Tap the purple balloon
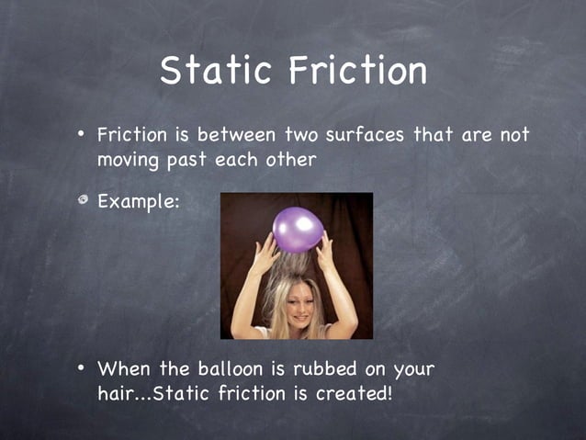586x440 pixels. pos(298,230)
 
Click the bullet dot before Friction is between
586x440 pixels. pos(81,135)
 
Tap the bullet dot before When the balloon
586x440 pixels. pos(81,368)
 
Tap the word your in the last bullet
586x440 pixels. pos(412,370)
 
